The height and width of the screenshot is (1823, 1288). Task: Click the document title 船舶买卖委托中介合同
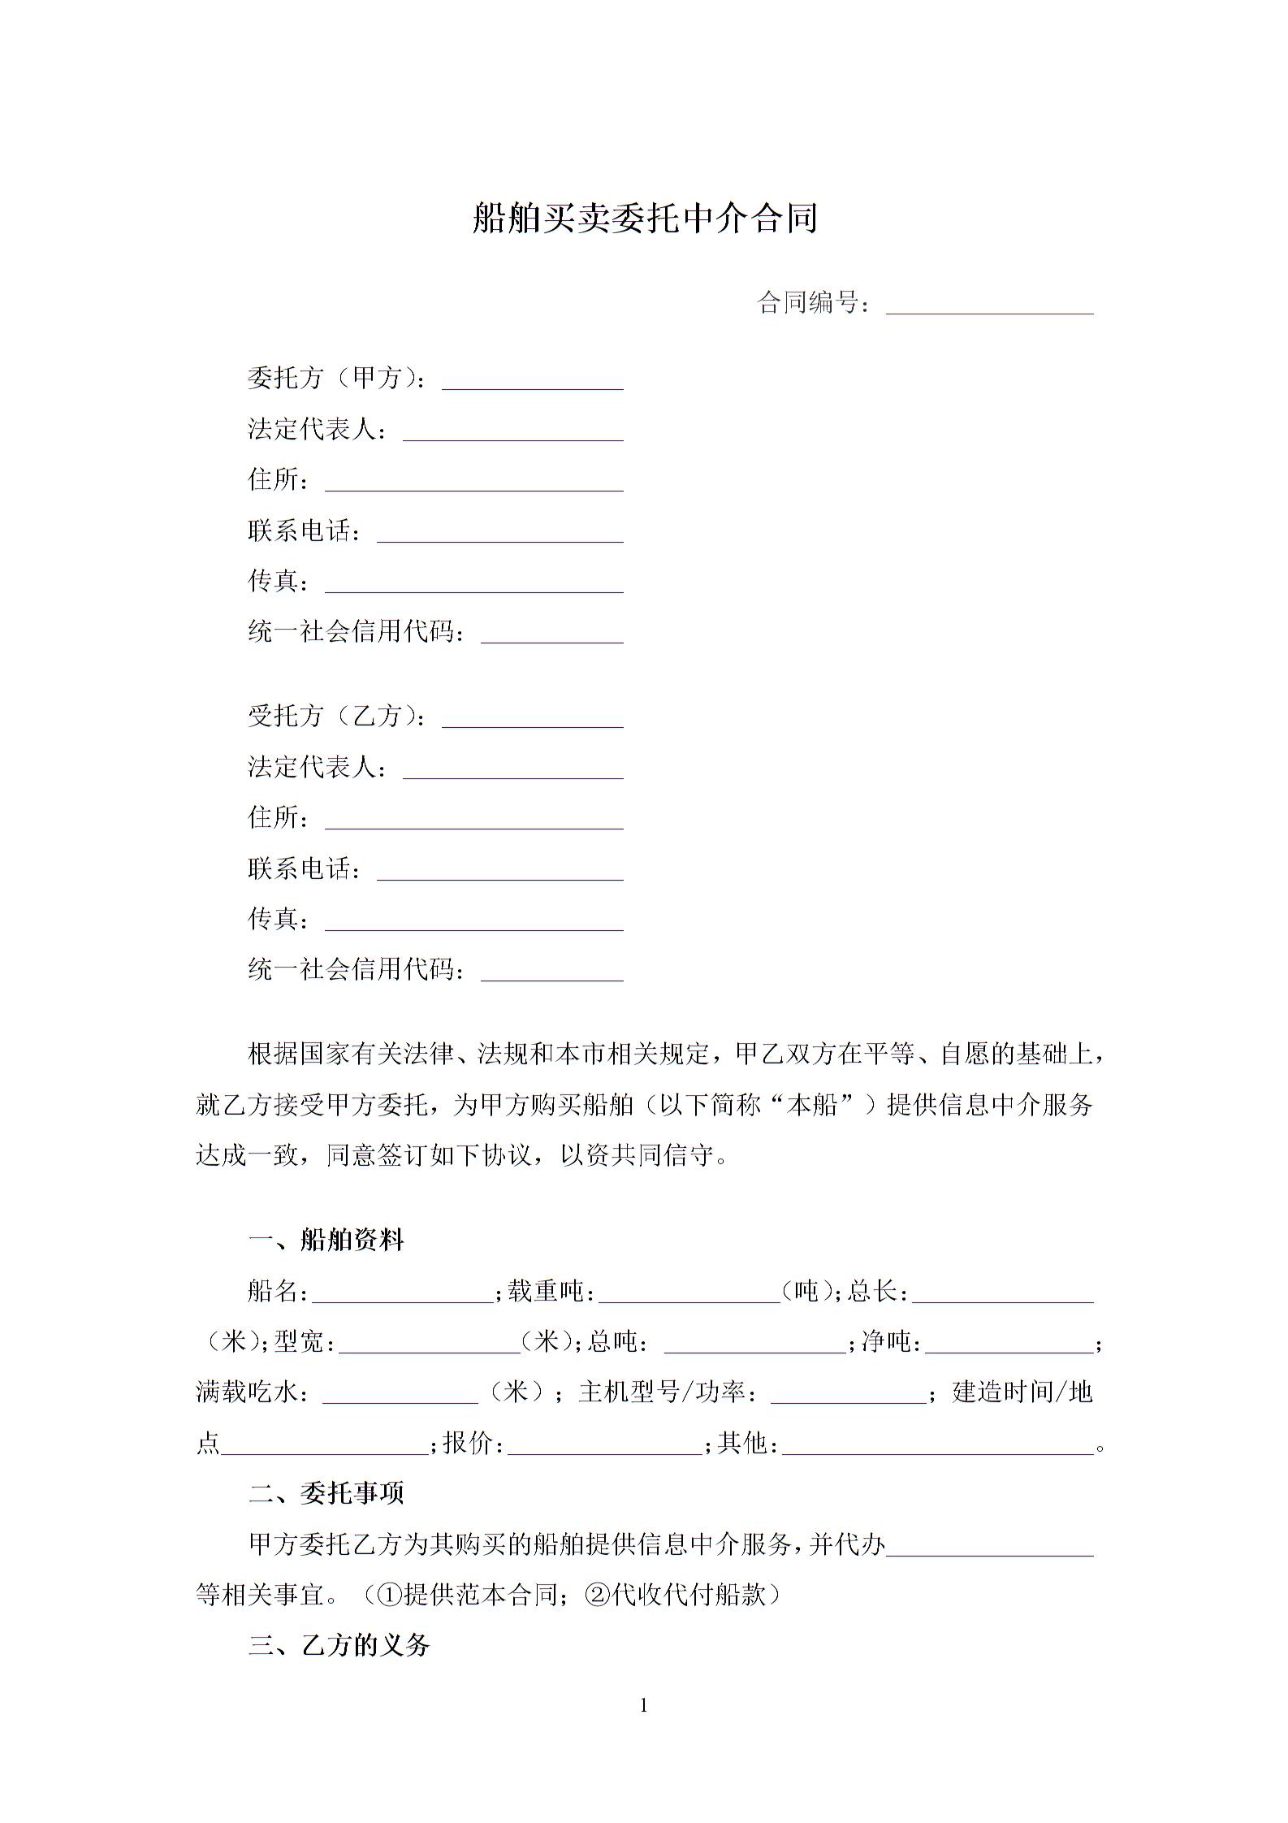pyautogui.click(x=644, y=219)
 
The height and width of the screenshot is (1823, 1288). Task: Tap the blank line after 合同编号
pyautogui.click(x=989, y=305)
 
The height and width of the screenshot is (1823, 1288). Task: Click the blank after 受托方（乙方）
pyautogui.click(x=533, y=718)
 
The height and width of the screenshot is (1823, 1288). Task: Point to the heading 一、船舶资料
pyautogui.click(x=326, y=1241)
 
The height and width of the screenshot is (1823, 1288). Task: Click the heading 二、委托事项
pyautogui.click(x=326, y=1493)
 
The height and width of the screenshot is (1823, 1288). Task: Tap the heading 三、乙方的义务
pyautogui.click(x=339, y=1646)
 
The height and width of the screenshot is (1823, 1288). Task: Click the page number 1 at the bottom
pyautogui.click(x=644, y=1706)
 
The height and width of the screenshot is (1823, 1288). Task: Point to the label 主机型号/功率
pyautogui.click(x=670, y=1392)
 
